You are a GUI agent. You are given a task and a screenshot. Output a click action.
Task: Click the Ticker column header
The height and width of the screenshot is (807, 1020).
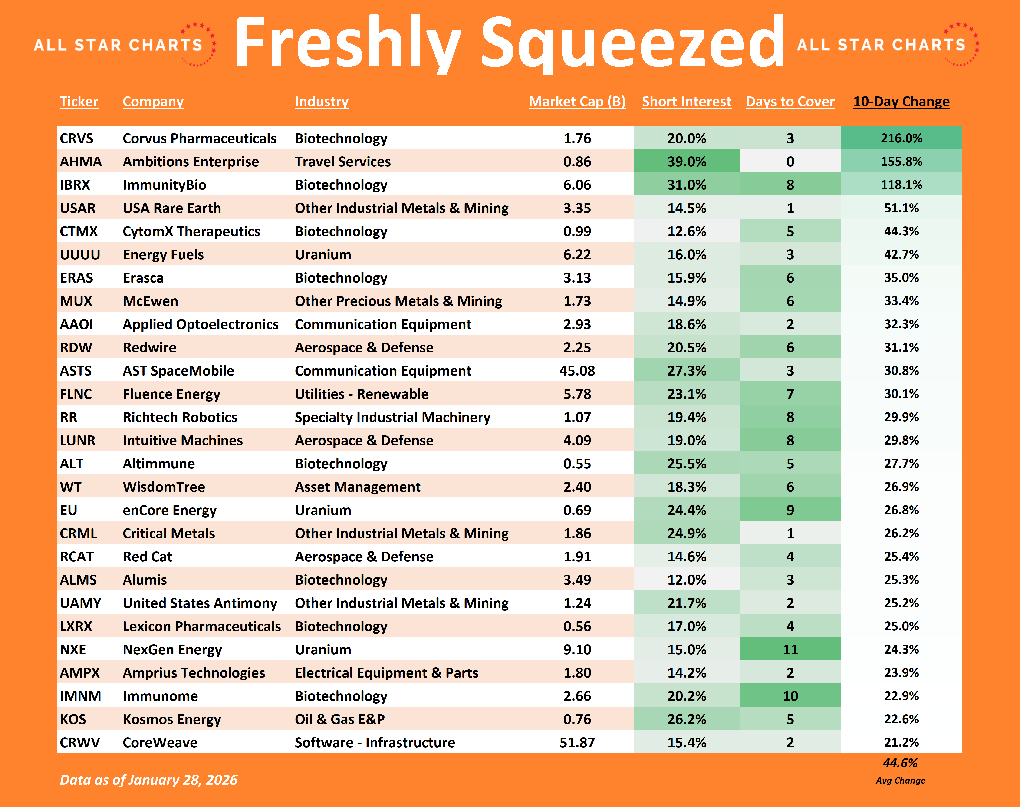(x=79, y=102)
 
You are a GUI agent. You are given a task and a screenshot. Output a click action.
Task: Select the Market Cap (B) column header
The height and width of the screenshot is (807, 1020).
(x=577, y=102)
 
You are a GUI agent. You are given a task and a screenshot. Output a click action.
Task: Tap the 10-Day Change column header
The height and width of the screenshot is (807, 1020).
(x=901, y=102)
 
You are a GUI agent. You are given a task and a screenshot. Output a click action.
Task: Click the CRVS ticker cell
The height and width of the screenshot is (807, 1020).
(x=76, y=138)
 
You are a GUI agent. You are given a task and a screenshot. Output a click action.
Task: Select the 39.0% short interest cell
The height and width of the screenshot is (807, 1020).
(x=686, y=161)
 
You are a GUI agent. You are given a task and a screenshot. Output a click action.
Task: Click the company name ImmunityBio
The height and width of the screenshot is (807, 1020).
(x=165, y=185)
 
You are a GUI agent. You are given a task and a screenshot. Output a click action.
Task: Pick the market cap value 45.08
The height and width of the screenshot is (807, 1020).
(x=577, y=371)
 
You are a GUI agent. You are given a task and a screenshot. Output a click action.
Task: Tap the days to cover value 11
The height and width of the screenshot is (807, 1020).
(x=790, y=650)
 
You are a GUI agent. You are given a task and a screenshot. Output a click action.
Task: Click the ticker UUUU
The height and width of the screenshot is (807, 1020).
(x=80, y=255)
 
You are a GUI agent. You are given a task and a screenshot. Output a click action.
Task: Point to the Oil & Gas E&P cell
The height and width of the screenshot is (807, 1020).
(x=340, y=719)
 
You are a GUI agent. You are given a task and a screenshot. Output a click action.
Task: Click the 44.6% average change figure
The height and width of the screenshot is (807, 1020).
(x=900, y=763)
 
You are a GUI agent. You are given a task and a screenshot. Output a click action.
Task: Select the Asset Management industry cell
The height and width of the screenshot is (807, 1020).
(x=357, y=487)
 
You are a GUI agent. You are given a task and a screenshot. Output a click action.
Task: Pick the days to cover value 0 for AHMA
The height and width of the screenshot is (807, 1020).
(x=790, y=161)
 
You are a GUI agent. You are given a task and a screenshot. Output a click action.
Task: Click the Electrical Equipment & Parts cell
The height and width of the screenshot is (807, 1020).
(x=386, y=673)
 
